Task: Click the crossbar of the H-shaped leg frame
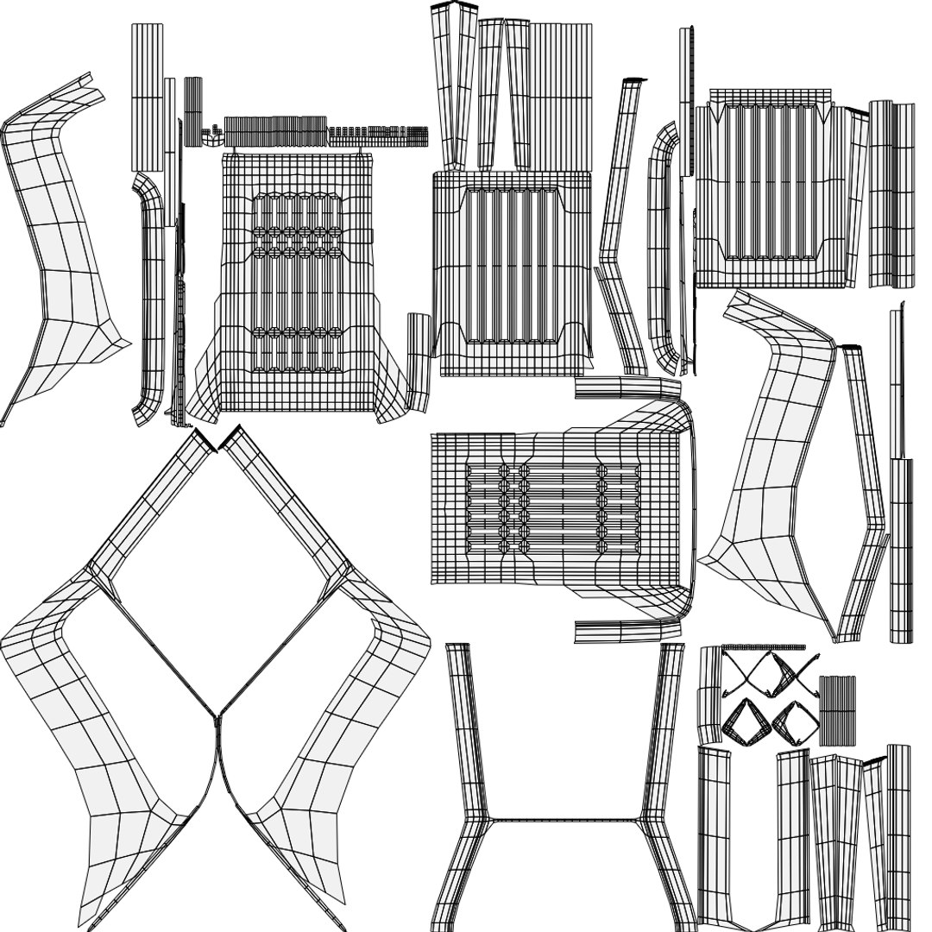[x=564, y=820]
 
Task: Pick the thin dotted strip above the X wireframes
[x=763, y=647]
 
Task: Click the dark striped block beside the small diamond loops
[x=837, y=710]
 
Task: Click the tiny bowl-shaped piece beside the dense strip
[x=210, y=133]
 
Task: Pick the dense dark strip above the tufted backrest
[x=276, y=130]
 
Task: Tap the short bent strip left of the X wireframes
[x=709, y=695]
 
